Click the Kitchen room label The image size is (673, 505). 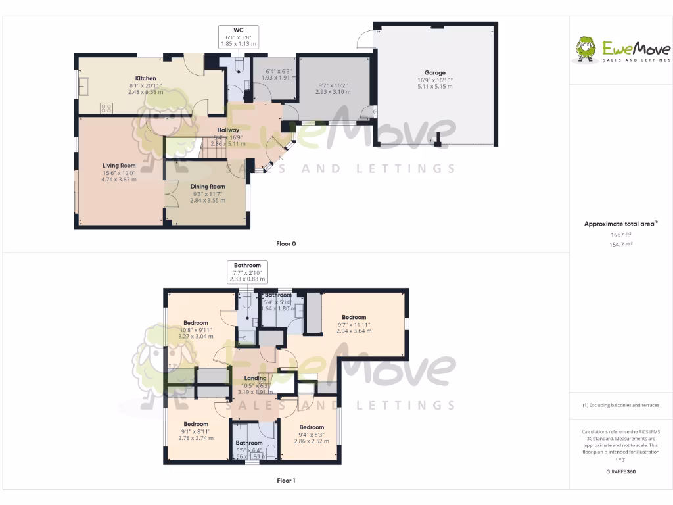[x=145, y=78]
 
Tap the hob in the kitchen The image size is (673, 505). [x=106, y=107]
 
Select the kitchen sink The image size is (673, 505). [x=85, y=85]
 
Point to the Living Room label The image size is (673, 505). [x=119, y=166]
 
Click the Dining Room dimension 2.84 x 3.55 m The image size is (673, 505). [x=208, y=200]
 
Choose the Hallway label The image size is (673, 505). [x=228, y=130]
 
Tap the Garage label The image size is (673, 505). [x=434, y=73]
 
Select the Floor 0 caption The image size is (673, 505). [x=286, y=244]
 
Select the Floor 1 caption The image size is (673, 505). [x=286, y=481]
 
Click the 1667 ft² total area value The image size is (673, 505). [x=620, y=235]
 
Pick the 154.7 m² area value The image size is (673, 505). [x=620, y=245]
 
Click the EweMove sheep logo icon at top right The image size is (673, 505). [x=585, y=49]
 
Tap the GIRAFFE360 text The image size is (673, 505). [x=620, y=471]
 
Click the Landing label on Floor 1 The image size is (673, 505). [x=255, y=378]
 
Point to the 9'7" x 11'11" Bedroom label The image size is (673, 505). [x=354, y=317]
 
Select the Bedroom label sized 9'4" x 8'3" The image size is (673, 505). [x=312, y=427]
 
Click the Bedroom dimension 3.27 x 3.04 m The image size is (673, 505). [x=196, y=336]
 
